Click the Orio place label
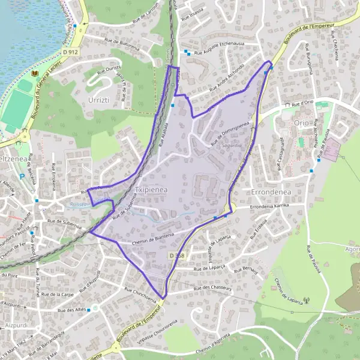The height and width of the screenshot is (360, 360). tap(301, 123)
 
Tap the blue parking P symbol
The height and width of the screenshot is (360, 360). tap(23, 176)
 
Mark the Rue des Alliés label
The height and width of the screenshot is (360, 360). tap(73, 310)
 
